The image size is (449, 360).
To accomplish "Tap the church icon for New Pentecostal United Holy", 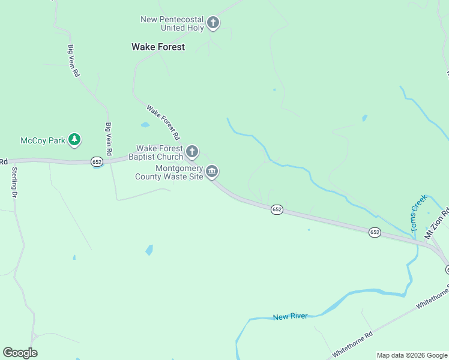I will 212,23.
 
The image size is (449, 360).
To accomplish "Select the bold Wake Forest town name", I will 158,47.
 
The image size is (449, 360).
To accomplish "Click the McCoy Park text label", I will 43,140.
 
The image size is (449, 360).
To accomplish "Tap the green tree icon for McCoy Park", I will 74,140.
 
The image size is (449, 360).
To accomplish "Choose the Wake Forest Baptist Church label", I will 160,152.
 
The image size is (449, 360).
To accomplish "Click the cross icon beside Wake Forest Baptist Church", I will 192,151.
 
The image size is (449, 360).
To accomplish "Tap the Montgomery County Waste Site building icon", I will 212,172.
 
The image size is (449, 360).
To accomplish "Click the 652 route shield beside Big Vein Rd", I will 97,162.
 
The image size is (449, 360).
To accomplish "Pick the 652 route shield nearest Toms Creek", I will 375,232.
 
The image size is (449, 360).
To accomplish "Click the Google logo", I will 20,353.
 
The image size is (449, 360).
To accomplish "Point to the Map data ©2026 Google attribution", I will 412,355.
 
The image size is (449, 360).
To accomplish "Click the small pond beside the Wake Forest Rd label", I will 145,125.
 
